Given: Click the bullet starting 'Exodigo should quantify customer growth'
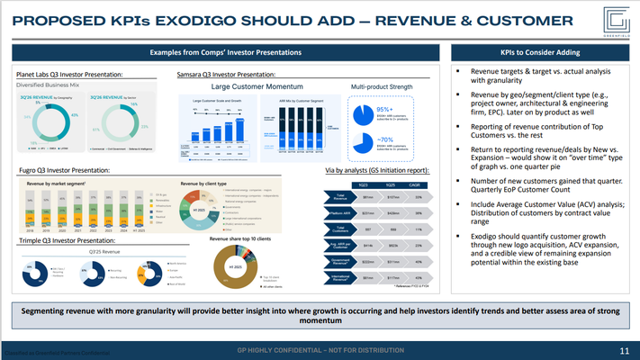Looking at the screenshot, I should [541, 249].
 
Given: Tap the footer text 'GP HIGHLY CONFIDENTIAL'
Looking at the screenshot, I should [320, 350].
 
